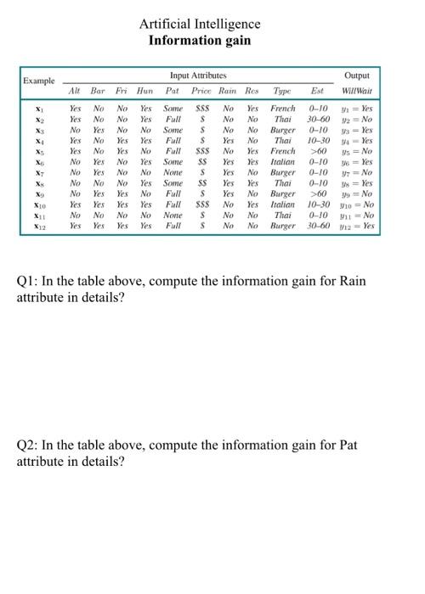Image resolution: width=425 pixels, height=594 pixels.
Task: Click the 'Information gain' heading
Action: click(x=201, y=39)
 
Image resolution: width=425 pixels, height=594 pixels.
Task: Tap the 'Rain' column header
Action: click(x=228, y=89)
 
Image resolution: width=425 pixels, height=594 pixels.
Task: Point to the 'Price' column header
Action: click(x=201, y=89)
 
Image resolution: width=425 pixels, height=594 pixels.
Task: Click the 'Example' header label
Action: click(x=39, y=81)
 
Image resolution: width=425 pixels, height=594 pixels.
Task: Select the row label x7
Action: click(x=38, y=173)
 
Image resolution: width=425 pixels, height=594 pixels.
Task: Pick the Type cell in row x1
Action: click(x=283, y=109)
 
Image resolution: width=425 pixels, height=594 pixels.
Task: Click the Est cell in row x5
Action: click(x=323, y=152)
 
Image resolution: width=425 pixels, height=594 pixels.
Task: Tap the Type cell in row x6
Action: click(x=283, y=162)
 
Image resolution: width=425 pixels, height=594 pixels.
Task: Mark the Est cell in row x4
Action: click(x=323, y=141)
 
